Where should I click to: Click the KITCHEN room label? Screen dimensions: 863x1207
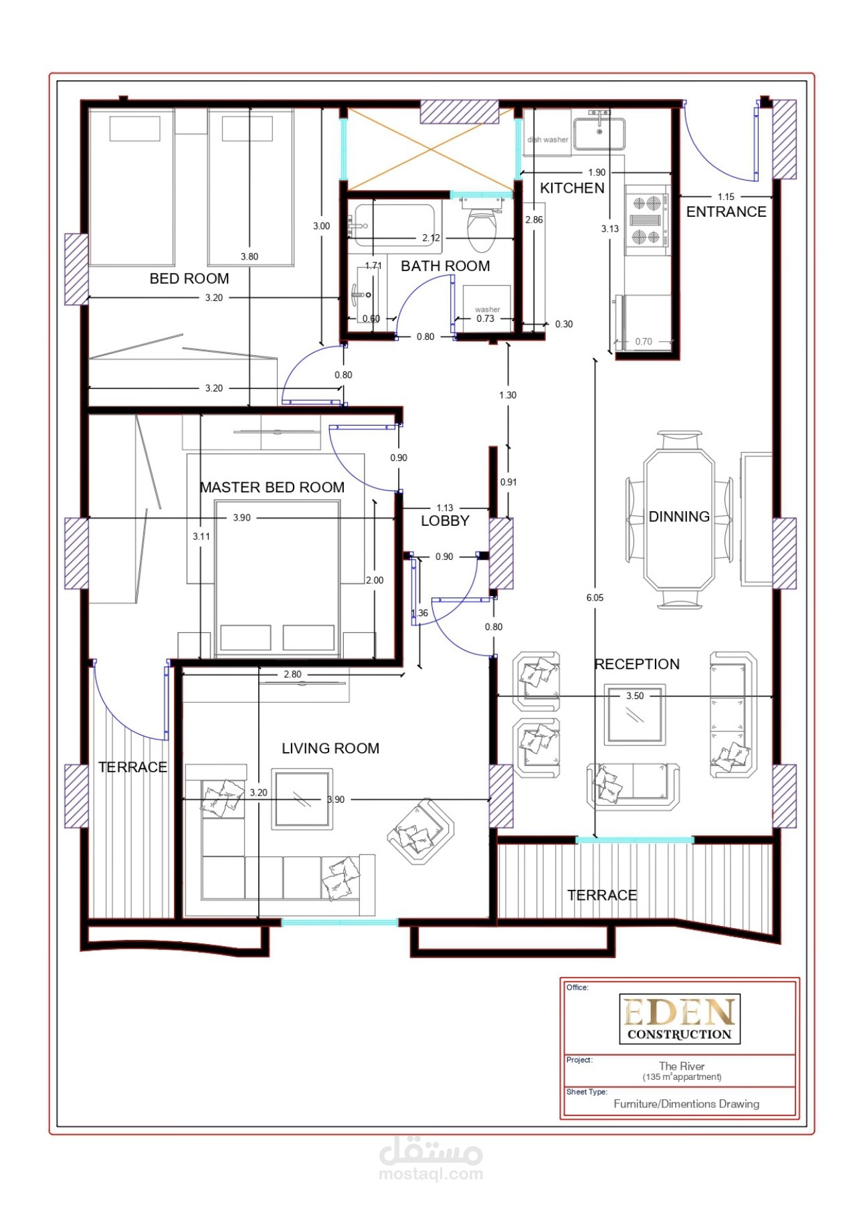click(572, 188)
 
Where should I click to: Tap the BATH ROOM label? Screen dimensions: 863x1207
click(446, 266)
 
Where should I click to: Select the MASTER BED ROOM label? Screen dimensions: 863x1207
click(272, 487)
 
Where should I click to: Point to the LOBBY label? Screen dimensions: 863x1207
click(445, 521)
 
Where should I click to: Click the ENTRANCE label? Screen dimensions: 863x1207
click(726, 211)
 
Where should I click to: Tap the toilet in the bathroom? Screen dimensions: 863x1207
click(482, 227)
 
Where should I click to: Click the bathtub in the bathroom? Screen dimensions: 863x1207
click(395, 225)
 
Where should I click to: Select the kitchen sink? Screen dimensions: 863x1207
click(599, 133)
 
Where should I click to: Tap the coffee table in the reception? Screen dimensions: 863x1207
click(635, 714)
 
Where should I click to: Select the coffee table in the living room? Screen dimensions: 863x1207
click(302, 799)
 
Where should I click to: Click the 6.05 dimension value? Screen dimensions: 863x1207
click(595, 597)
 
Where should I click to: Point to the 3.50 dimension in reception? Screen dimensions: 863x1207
click(635, 696)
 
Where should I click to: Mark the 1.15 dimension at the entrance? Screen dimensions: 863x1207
click(726, 197)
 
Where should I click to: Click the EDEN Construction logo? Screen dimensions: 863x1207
click(680, 1019)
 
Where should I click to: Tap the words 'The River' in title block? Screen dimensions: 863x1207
click(682, 1066)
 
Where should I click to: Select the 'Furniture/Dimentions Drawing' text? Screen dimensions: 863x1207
click(686, 1104)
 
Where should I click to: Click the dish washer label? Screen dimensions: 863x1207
click(548, 140)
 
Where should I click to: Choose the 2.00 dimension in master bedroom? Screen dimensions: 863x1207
click(375, 580)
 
